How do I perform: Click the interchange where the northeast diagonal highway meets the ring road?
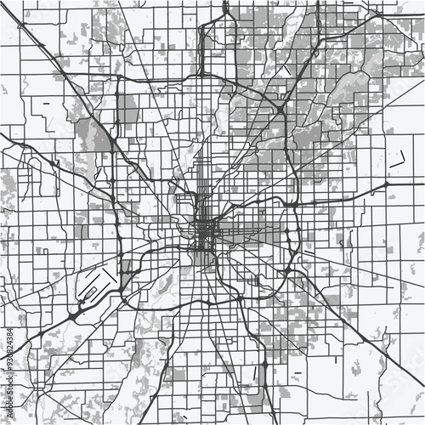pyautogui.click(x=280, y=108)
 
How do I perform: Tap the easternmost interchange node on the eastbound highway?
pyautogui.click(x=387, y=183)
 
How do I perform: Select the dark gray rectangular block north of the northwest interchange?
pyautogui.click(x=127, y=109)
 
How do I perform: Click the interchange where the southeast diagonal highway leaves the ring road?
pyautogui.click(x=287, y=270)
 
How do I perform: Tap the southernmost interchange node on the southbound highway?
pyautogui.click(x=264, y=365)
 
